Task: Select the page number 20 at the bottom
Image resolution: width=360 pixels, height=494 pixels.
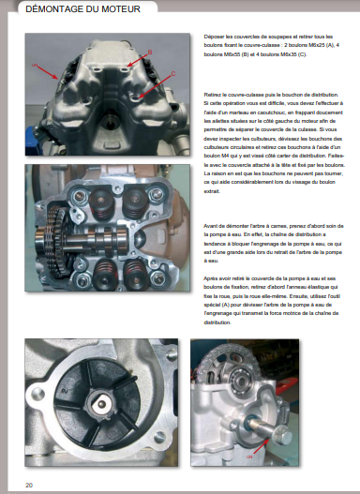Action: click(x=30, y=484)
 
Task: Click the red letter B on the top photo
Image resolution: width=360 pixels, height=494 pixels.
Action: click(x=149, y=51)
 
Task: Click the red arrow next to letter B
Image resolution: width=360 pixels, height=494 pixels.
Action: click(x=136, y=58)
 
